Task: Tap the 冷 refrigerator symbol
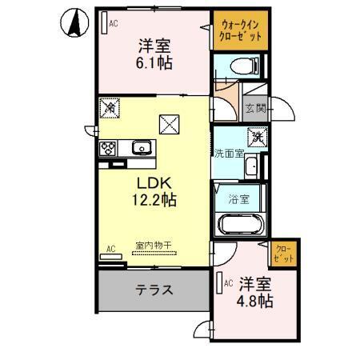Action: click(110, 106)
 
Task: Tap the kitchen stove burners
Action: click(109, 147)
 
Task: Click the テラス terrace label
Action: click(156, 290)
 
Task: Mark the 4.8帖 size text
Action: click(256, 302)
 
